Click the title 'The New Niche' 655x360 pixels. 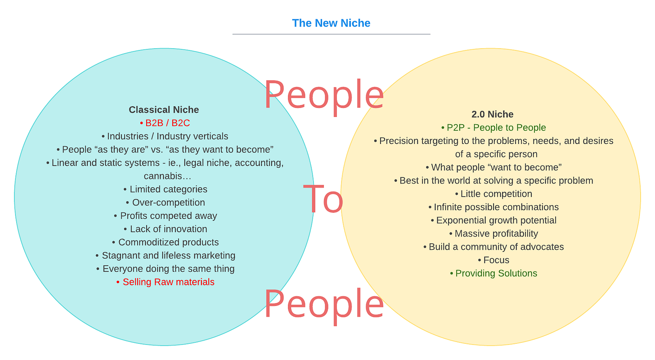click(331, 23)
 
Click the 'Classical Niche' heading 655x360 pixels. click(164, 110)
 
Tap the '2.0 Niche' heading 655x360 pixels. click(492, 114)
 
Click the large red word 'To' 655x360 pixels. click(323, 199)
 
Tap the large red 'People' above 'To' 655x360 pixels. click(324, 95)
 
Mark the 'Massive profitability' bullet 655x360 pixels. click(496, 234)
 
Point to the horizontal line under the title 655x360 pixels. click(331, 34)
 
